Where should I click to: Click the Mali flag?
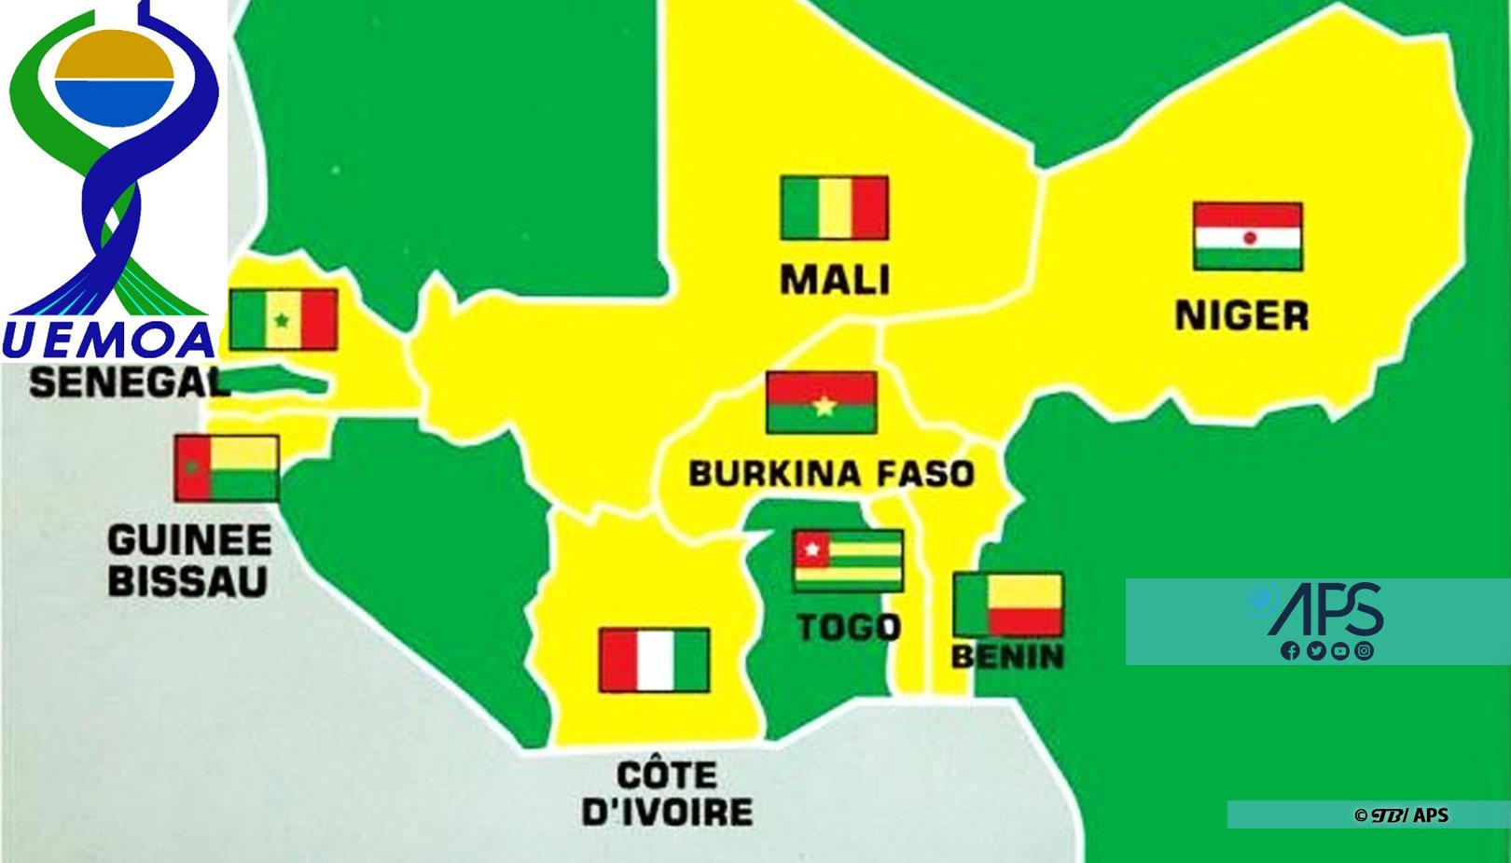click(834, 207)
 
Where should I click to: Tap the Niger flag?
click(1247, 236)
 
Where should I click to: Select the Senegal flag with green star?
click(284, 320)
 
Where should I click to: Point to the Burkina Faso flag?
click(822, 402)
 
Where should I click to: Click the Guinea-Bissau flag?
click(227, 467)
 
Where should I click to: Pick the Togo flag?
click(848, 560)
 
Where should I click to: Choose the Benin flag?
click(1007, 605)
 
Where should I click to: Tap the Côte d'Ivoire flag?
click(654, 660)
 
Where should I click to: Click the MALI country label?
click(835, 280)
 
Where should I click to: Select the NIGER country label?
click(1241, 316)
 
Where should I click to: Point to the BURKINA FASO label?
click(831, 474)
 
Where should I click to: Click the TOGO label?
click(849, 627)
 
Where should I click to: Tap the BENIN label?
click(1007, 657)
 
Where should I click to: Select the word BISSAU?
click(187, 580)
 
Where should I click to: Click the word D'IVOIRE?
click(667, 811)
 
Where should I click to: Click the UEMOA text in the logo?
click(109, 341)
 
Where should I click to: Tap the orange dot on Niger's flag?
click(1250, 237)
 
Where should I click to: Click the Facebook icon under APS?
click(1290, 651)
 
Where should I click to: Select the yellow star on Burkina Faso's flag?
click(823, 406)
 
